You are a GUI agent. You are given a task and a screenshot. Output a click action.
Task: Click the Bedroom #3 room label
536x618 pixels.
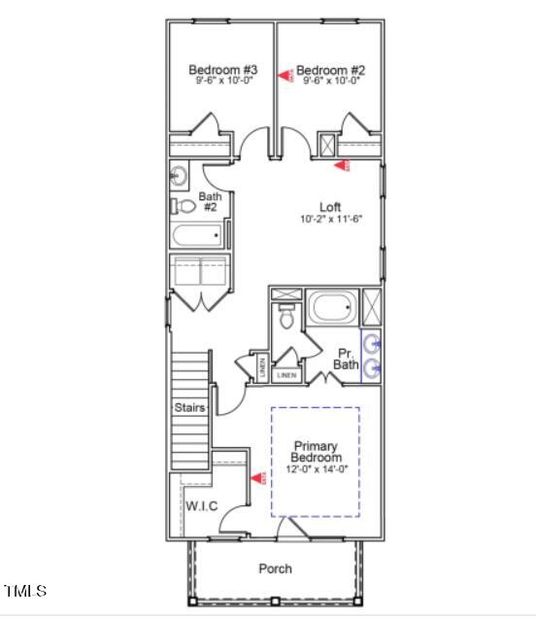(222, 70)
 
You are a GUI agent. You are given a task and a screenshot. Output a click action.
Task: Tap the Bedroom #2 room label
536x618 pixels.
(330, 70)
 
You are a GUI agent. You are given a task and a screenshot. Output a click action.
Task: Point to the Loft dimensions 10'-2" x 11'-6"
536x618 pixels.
(330, 220)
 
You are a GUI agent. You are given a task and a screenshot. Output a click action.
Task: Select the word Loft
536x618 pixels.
(330, 206)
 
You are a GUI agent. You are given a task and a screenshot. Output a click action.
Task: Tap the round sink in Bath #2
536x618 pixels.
(180, 176)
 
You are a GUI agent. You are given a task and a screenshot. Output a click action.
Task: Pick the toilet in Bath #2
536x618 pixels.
(184, 206)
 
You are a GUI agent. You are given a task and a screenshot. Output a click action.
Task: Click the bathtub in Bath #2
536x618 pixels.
(199, 235)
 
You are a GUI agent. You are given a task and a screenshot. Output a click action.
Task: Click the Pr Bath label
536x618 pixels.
(347, 359)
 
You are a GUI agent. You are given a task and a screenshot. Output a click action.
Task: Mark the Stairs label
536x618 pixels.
(189, 408)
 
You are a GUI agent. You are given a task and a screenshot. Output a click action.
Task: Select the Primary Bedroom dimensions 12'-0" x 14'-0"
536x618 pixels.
(316, 469)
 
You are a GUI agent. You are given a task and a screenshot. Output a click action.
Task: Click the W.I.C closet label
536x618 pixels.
(201, 504)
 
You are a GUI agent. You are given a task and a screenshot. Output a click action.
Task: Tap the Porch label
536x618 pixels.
(275, 568)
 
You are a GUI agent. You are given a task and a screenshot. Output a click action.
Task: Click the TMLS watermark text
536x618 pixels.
(24, 590)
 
